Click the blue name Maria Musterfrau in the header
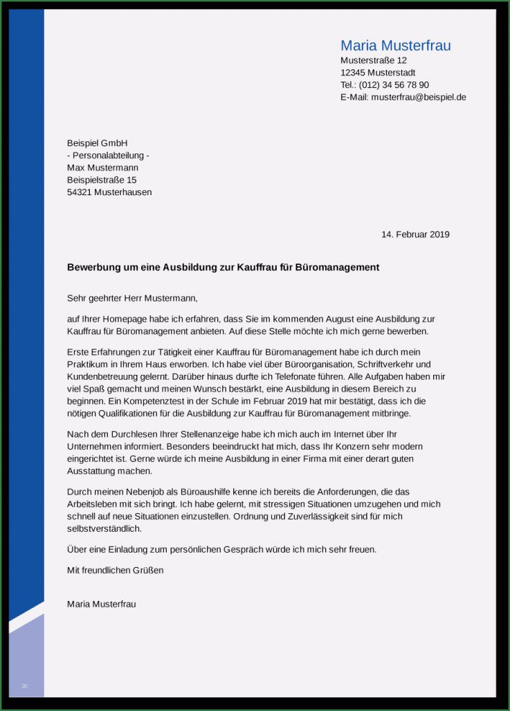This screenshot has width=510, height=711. pos(395,46)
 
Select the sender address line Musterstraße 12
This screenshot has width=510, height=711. pos(373,61)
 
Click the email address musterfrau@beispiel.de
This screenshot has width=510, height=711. pos(418,98)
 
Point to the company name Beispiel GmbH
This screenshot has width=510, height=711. pos(97,143)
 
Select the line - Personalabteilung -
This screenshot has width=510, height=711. pos(108,156)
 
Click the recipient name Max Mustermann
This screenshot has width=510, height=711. pos(102,168)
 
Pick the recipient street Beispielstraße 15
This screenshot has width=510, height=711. pos(101,180)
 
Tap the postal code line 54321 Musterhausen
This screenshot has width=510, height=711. pos(109,192)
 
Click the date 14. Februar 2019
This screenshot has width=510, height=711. pos(415,234)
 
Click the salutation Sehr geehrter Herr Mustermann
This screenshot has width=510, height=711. pos(132,299)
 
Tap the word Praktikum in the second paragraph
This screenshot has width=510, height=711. pos(89,364)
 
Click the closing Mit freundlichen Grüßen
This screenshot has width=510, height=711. pos(115,571)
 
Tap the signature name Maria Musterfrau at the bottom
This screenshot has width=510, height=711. pos(101,604)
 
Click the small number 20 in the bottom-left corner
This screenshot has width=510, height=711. pos(25,686)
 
